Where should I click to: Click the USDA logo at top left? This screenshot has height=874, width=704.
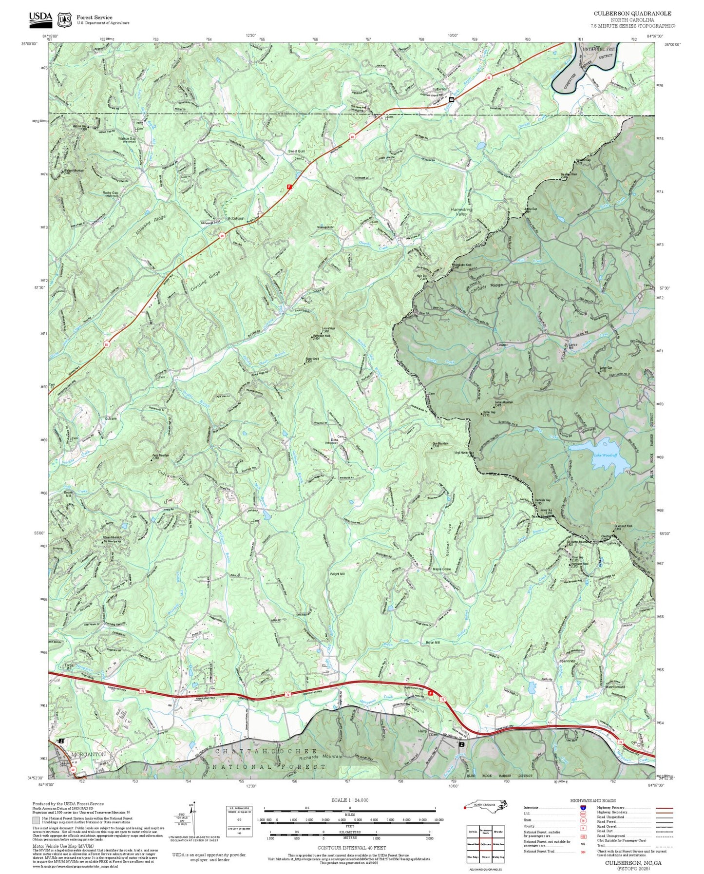[40, 18]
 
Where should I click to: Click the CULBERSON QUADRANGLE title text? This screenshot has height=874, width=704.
[632, 13]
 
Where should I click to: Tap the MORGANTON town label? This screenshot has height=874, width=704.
[88, 754]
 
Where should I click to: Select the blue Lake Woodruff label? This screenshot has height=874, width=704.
[605, 455]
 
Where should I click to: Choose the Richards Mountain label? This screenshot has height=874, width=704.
[321, 757]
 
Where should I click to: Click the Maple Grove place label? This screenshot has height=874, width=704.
[441, 569]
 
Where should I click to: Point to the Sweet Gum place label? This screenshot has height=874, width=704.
[296, 152]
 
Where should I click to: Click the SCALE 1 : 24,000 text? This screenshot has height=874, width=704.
[349, 800]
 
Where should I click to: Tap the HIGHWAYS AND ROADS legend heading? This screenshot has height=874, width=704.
[592, 800]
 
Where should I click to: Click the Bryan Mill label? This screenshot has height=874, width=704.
[432, 643]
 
